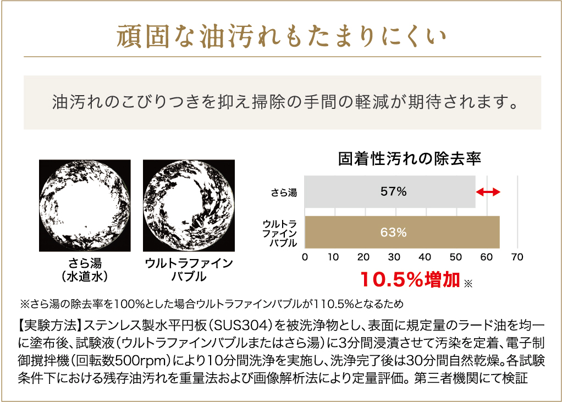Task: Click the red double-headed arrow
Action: pyautogui.click(x=488, y=192)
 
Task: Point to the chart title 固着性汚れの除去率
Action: pyautogui.click(x=410, y=159)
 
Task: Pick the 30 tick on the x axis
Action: pyautogui.click(x=394, y=257)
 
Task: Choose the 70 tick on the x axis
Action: pyautogui.click(x=517, y=257)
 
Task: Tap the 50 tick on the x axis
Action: pyautogui.click(x=455, y=257)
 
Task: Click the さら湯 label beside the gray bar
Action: pyautogui.click(x=284, y=192)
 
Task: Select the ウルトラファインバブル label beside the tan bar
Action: pyautogui.click(x=280, y=233)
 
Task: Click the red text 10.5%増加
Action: pyautogui.click(x=410, y=280)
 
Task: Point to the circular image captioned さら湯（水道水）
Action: pyautogui.click(x=85, y=205)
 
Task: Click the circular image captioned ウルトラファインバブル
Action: pyautogui.click(x=189, y=205)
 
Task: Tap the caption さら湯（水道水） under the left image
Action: pyautogui.click(x=85, y=269)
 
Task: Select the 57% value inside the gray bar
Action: pyautogui.click(x=393, y=192)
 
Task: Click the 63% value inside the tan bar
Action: pyautogui.click(x=393, y=233)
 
